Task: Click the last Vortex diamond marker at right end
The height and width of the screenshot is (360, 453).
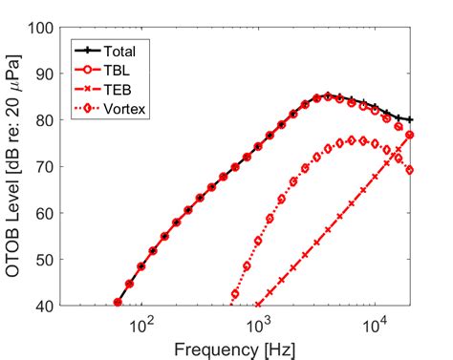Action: pos(410,170)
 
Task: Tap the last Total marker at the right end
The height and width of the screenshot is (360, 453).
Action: pos(410,119)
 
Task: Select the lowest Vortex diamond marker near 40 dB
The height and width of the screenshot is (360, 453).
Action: pos(235,294)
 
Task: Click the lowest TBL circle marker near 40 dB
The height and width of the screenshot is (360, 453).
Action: pos(119,303)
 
